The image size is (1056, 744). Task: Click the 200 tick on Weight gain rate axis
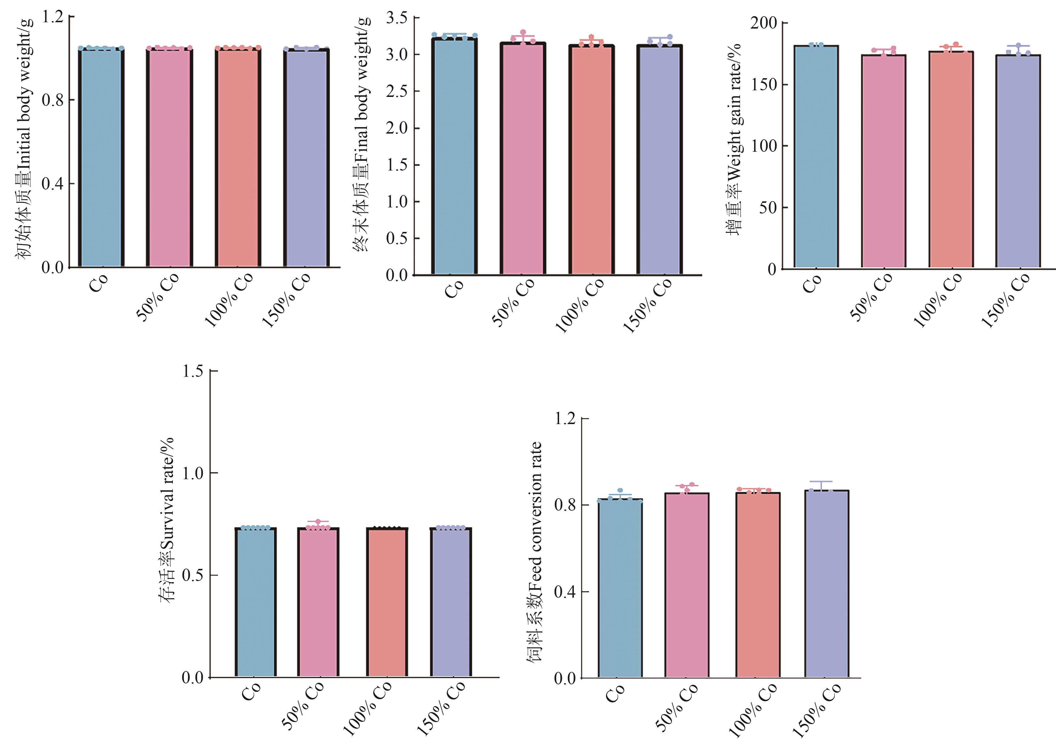(x=764, y=23)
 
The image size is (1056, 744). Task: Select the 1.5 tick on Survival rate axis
(x=193, y=371)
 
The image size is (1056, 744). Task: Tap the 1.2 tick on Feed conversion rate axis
(x=565, y=419)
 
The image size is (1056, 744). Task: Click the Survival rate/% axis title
(x=166, y=520)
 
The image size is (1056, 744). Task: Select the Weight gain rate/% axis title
(x=734, y=138)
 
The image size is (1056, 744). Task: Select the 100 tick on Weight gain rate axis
(x=764, y=146)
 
